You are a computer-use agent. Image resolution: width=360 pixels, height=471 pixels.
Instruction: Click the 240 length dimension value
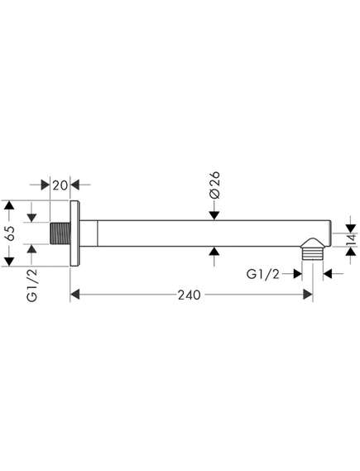(190, 295)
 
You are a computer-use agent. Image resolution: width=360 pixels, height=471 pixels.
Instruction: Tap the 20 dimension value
(60, 185)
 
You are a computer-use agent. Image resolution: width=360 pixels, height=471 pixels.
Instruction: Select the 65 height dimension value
(9, 233)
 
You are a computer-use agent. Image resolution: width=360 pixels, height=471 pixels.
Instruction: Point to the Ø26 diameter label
(214, 185)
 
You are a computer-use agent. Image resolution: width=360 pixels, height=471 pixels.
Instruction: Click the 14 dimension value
(351, 240)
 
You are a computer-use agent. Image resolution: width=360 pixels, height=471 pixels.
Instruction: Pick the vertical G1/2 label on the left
(31, 285)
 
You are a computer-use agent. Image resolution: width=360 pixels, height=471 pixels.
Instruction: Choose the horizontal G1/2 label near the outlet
(263, 274)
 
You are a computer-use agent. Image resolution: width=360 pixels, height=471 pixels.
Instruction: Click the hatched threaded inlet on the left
(60, 233)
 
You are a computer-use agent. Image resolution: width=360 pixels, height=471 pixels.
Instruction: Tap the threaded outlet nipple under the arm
(312, 249)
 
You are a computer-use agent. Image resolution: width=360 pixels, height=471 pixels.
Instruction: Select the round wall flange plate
(75, 233)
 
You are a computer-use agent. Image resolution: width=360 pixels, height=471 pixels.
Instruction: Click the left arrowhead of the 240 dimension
(75, 295)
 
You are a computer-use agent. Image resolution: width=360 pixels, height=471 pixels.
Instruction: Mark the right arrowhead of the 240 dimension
(308, 295)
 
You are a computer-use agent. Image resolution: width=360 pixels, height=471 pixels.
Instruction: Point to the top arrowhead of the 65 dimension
(10, 205)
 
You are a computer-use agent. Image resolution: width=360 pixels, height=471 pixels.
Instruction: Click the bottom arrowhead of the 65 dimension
(10, 262)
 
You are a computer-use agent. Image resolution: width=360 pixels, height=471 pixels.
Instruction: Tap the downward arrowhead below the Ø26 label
(214, 215)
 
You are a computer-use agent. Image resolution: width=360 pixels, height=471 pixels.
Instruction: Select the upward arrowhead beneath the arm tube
(214, 251)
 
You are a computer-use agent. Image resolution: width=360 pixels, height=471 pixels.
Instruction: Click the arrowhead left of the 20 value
(45, 185)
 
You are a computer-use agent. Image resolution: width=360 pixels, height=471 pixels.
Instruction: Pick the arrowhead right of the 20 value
(74, 185)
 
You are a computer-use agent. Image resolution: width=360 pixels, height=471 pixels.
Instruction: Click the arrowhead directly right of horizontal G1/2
(297, 274)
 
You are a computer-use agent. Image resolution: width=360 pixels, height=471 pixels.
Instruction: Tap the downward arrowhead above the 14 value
(351, 228)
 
